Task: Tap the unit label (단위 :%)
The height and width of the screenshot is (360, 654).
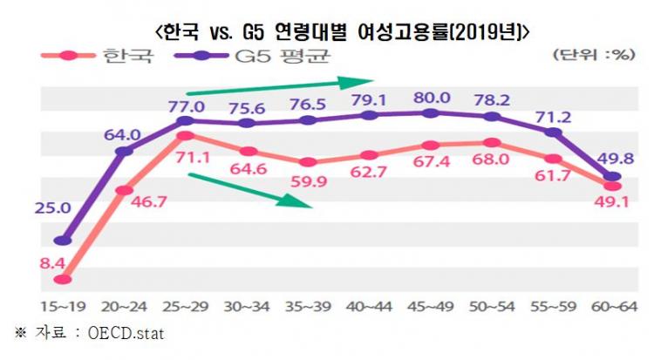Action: pos(593,54)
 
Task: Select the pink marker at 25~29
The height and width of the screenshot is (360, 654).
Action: pos(184,136)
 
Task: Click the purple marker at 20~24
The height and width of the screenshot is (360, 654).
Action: pos(124,152)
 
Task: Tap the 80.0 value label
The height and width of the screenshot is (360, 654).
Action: pos(433,98)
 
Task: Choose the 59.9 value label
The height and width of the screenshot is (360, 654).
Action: pos(307,181)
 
